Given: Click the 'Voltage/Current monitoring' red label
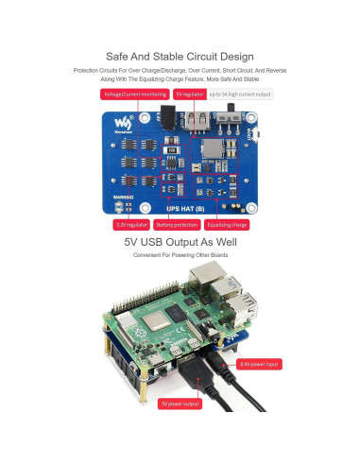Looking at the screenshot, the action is (x=134, y=95).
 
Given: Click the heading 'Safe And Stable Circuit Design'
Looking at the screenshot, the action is (x=180, y=57).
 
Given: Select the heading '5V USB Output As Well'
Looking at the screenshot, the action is (x=180, y=242).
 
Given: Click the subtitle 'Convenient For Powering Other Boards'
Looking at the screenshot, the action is (x=180, y=255).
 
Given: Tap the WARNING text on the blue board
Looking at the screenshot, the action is (x=125, y=197).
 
